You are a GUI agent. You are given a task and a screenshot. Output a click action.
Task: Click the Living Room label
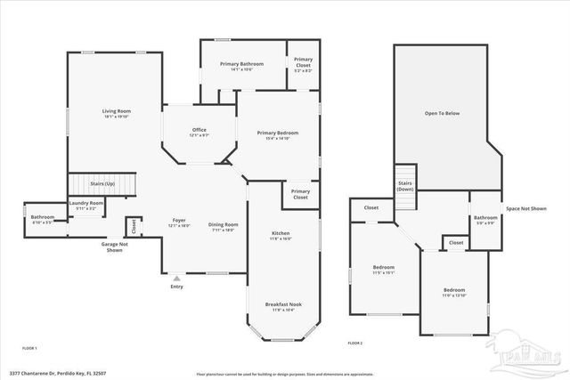pyautogui.click(x=116, y=113)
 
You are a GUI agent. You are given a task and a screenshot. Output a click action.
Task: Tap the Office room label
pyautogui.click(x=199, y=132)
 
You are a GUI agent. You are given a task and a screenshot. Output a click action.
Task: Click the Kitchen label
pyautogui.click(x=281, y=235)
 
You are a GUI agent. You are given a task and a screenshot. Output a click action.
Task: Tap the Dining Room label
pyautogui.click(x=223, y=226)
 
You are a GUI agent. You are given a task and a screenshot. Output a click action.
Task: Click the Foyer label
pyautogui.click(x=179, y=222)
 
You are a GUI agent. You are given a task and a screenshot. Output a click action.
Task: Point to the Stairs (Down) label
pyautogui.click(x=405, y=186)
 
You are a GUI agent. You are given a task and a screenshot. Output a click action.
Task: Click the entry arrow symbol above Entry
pyautogui.click(x=176, y=279)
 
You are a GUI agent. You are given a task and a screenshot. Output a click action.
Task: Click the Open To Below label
pyautogui.click(x=442, y=112)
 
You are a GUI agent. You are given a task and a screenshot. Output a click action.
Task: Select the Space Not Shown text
pyautogui.click(x=525, y=208)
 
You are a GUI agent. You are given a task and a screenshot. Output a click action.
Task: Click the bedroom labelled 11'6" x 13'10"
pyautogui.click(x=454, y=292)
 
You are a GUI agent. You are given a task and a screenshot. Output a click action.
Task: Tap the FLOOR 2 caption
pyautogui.click(x=355, y=343)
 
